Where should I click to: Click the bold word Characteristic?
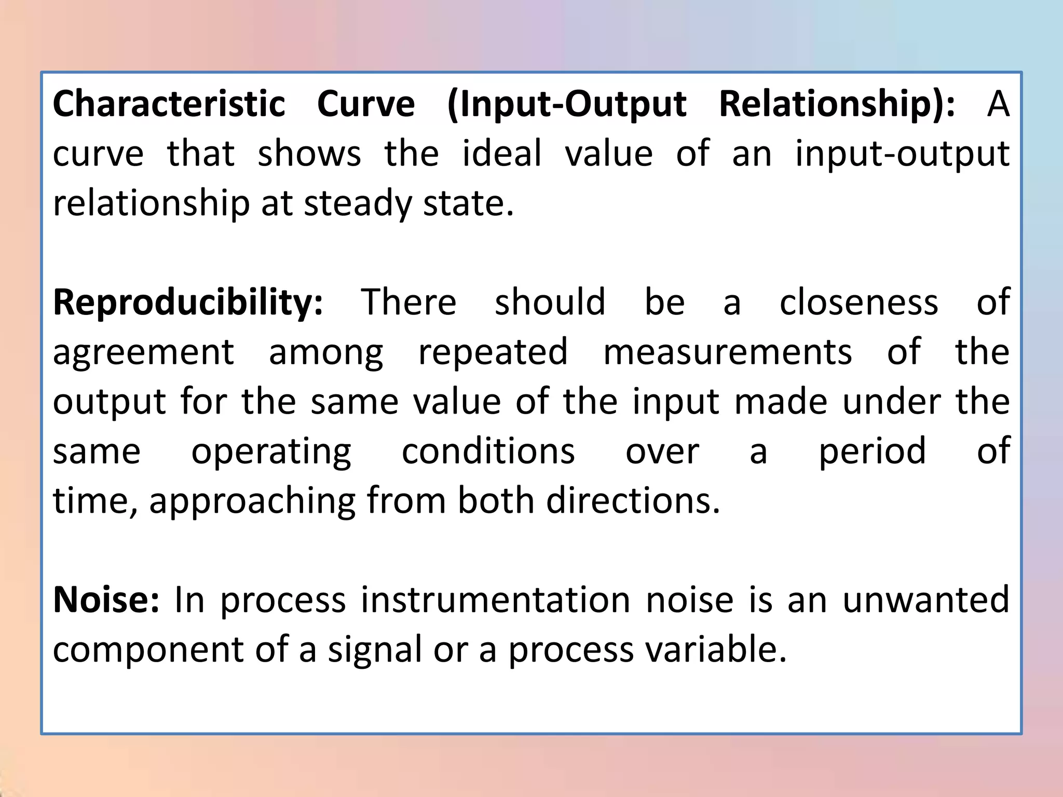(169, 104)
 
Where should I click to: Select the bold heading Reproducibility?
(188, 303)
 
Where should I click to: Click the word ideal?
(502, 154)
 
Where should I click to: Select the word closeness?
(859, 303)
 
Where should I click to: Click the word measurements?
(728, 352)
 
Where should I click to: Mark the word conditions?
(488, 451)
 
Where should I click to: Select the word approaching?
(252, 502)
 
